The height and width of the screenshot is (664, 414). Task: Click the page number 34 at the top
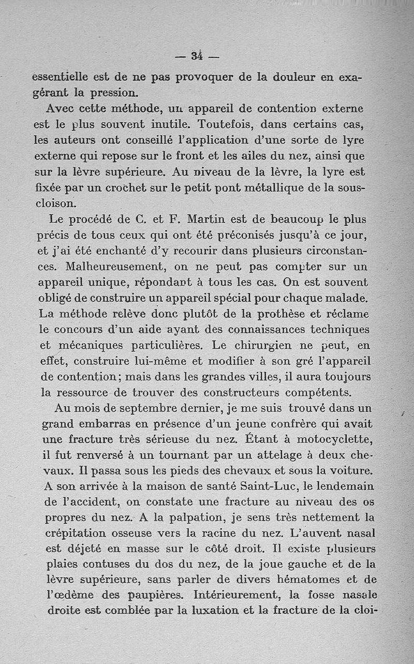pyautogui.click(x=197, y=55)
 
